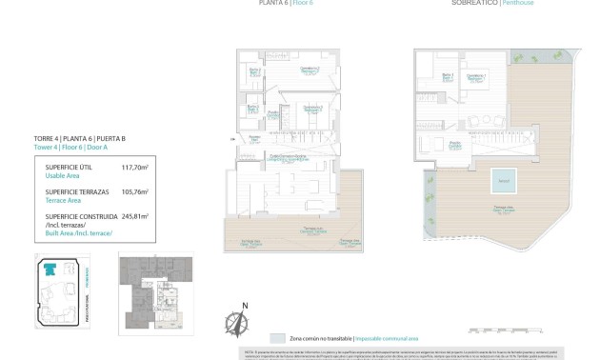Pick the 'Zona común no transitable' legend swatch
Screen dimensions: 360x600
coord(277,338)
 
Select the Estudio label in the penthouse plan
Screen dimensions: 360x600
coord(455,145)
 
